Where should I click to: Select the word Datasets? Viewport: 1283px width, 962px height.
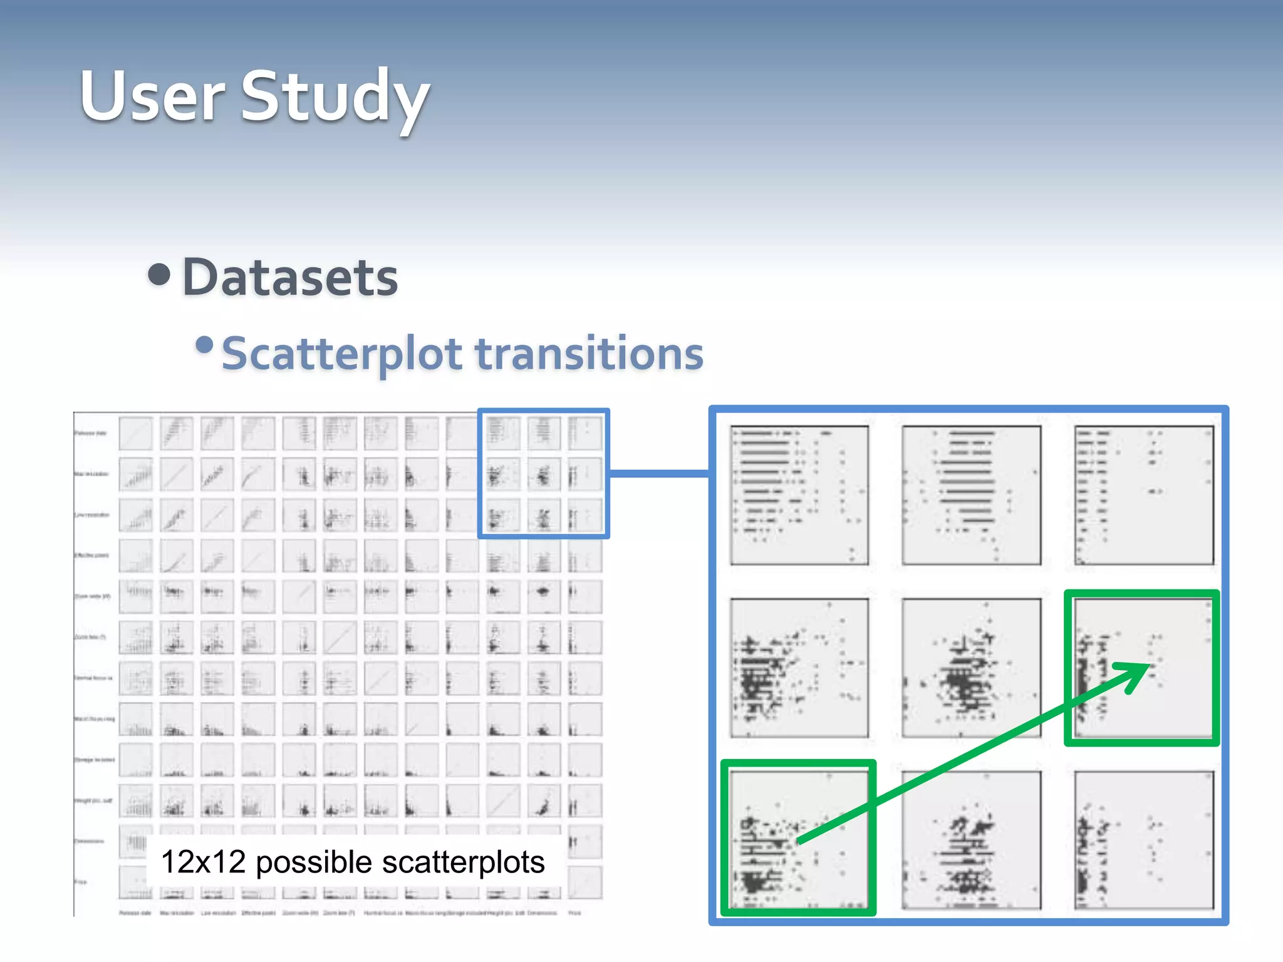coord(290,277)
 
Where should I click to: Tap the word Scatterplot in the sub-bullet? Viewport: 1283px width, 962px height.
coord(341,354)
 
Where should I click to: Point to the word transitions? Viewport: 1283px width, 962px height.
coord(590,354)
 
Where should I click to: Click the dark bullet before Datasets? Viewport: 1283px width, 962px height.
coord(160,274)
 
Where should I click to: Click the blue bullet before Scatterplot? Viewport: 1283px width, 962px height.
coord(204,345)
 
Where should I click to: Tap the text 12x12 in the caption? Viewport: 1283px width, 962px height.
coord(203,862)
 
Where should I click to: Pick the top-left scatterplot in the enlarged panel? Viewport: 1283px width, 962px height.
coord(799,495)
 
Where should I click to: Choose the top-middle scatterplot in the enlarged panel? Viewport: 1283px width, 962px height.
coord(971,495)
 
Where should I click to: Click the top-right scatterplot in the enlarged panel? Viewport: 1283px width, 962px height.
coord(1144,495)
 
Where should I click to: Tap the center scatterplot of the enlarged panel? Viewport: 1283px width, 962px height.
coord(971,668)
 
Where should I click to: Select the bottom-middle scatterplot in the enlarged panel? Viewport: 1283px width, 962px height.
coord(971,840)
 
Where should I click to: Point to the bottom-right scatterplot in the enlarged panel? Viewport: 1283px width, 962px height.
coord(1144,840)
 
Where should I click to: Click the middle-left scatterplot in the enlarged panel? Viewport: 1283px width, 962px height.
coord(799,668)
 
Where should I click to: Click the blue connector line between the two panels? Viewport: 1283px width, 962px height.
coord(659,473)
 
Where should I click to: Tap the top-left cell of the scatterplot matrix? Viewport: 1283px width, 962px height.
coord(135,433)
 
